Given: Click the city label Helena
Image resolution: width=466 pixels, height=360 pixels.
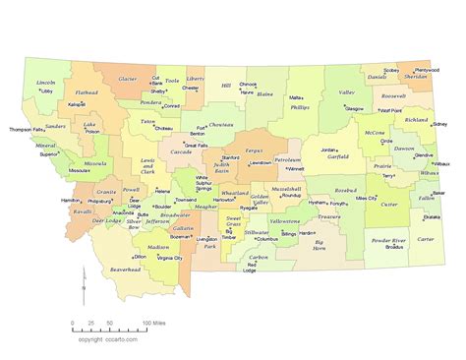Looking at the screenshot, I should pos(162,191).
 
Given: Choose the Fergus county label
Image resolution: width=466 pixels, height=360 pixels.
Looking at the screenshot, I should pos(255,150).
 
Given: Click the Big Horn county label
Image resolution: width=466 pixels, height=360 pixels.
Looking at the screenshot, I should pos(312,243).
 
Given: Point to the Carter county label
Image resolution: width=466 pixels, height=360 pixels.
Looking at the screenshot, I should pos(425,239).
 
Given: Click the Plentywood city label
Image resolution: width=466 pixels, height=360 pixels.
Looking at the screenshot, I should pos(427,71).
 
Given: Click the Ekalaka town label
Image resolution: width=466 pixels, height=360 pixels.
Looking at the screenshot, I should pos(432,216).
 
